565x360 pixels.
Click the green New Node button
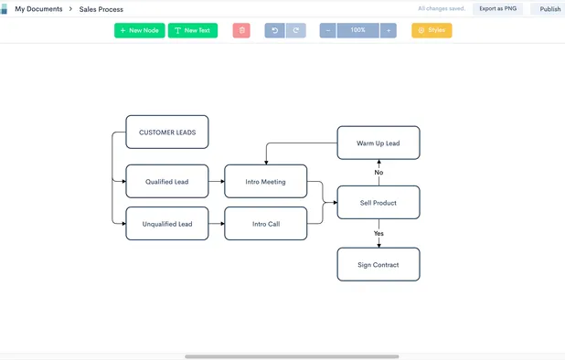pos(139,30)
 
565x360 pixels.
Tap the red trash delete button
pos(241,30)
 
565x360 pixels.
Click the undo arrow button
pos(274,30)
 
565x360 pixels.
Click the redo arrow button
pos(295,30)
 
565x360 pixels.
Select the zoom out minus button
pos(328,30)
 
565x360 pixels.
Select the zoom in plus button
pos(389,30)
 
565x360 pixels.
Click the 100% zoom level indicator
pos(358,30)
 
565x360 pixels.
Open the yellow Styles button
pos(432,30)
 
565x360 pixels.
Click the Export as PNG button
pos(497,9)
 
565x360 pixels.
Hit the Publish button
pos(549,9)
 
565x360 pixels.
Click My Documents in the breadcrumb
pos(38,9)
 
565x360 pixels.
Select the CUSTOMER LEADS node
pos(166,132)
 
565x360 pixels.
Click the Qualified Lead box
pos(166,182)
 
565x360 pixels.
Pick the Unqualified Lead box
pos(166,224)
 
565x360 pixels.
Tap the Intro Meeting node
pos(265,182)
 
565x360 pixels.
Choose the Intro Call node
pos(265,224)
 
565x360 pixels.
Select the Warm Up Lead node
pos(378,143)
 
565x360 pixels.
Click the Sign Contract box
pos(378,265)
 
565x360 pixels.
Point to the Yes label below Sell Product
pos(378,234)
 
